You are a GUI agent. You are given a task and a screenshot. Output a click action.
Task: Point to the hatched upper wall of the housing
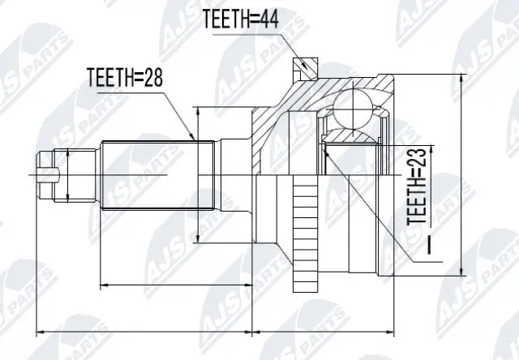pos(324,89)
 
